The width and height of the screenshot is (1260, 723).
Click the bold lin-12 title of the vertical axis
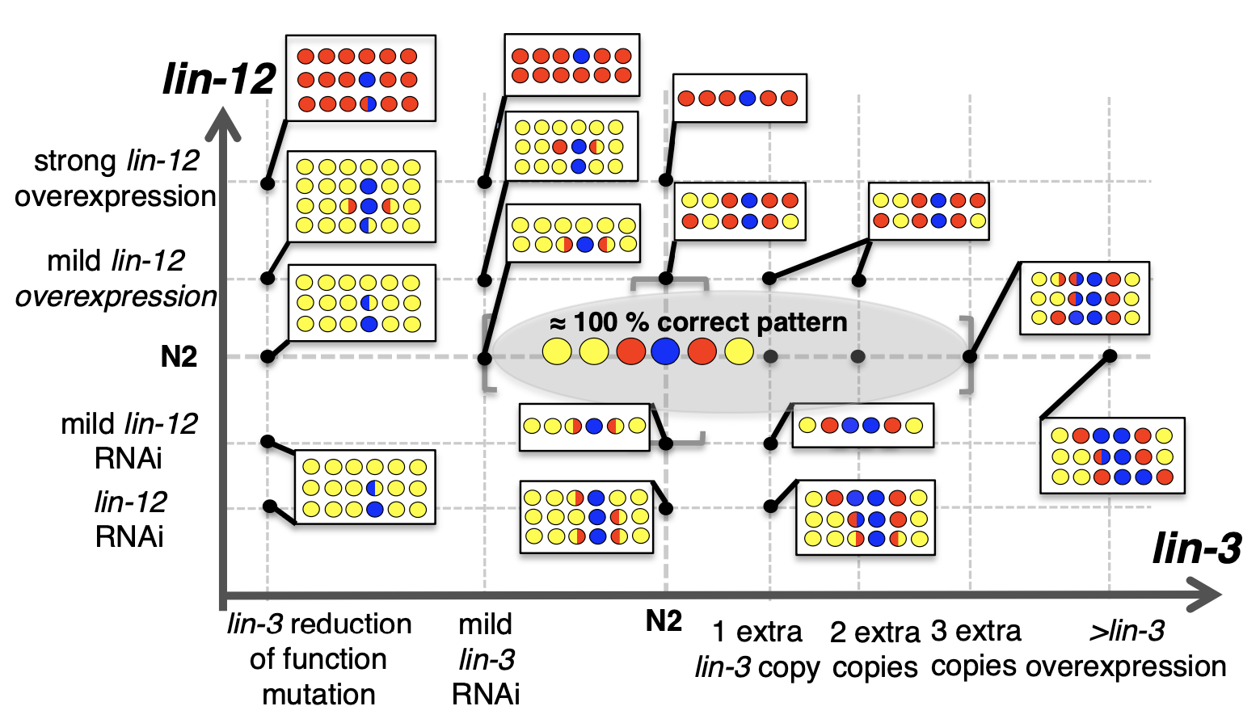click(219, 79)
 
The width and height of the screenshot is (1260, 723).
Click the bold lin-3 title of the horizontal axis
click(1196, 549)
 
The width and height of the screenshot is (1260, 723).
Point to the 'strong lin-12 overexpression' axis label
click(116, 179)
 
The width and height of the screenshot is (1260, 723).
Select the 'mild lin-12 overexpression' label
click(116, 279)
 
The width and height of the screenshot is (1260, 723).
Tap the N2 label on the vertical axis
click(179, 356)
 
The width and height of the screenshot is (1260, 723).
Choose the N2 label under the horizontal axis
click(664, 621)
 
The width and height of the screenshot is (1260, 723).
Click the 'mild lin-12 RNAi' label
click(129, 441)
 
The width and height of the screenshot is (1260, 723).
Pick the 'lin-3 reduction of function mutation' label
click(319, 658)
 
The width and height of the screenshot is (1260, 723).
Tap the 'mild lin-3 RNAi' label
click(486, 658)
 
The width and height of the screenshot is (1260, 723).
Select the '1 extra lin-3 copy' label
click(757, 649)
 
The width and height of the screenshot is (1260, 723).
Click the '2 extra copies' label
click(875, 649)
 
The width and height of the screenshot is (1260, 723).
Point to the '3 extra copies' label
click(976, 649)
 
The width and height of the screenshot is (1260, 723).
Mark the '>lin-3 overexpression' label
click(1126, 649)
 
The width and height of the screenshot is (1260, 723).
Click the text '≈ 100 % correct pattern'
click(698, 323)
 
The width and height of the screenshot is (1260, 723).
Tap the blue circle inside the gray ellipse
click(665, 351)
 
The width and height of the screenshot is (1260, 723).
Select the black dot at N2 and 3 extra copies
click(970, 356)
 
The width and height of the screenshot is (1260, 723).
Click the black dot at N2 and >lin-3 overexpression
click(1110, 356)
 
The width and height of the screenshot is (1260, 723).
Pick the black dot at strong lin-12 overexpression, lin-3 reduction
click(268, 183)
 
